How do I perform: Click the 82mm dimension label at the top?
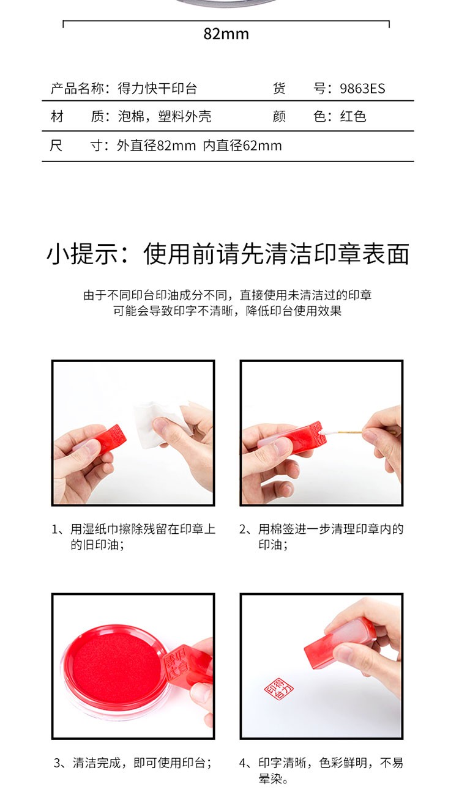click(x=226, y=34)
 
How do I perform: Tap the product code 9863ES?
click(x=362, y=89)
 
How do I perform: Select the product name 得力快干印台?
click(x=157, y=89)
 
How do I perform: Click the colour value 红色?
click(x=353, y=116)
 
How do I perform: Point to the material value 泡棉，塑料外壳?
click(x=165, y=116)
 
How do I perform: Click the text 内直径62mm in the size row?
click(x=242, y=146)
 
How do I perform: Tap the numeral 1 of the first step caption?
click(x=55, y=530)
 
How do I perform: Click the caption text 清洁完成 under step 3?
click(x=97, y=763)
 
